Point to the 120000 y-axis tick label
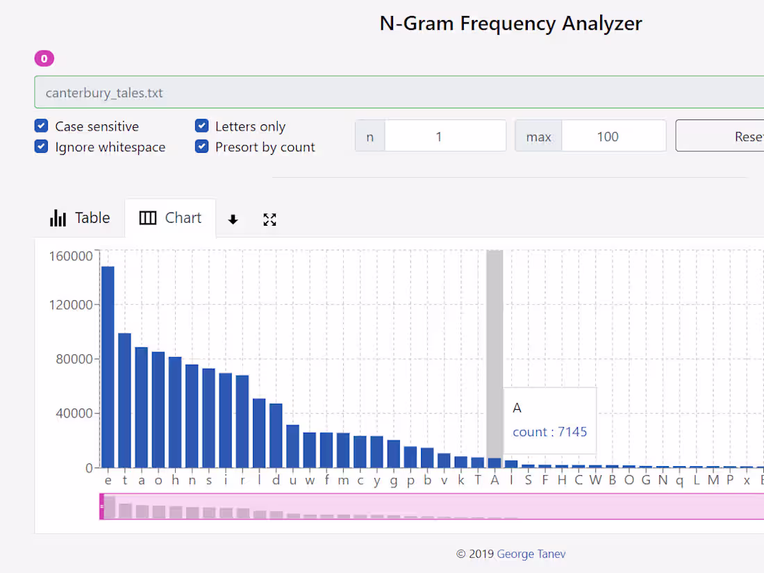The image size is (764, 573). (x=70, y=305)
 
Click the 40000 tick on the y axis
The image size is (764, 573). (x=74, y=413)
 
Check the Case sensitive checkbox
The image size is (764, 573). (x=42, y=126)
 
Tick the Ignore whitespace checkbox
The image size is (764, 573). (x=42, y=147)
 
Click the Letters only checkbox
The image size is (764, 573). (x=202, y=126)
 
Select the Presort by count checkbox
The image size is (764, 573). (x=202, y=147)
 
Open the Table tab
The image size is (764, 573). (x=80, y=218)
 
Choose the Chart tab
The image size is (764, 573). (x=170, y=218)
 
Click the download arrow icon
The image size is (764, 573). (x=233, y=219)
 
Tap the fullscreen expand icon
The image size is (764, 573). (x=270, y=219)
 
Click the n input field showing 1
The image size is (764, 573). (x=445, y=136)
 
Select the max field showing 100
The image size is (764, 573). (x=613, y=136)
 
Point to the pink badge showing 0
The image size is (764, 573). (x=44, y=59)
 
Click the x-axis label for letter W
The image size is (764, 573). (x=595, y=481)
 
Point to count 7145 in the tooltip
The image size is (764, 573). (x=549, y=432)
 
